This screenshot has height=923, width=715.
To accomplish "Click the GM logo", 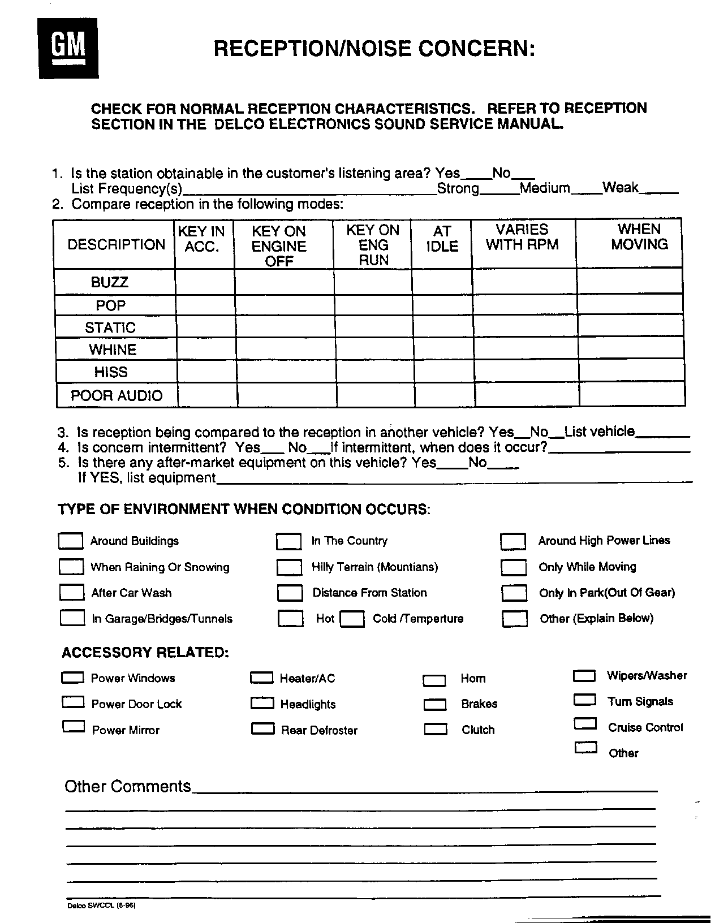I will point(68,48).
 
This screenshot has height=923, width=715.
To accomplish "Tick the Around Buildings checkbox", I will point(71,541).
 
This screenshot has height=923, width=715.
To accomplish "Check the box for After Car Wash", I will point(71,592).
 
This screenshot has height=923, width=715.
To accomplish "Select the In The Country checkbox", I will point(288,541).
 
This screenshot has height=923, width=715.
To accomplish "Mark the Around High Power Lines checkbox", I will point(513,541).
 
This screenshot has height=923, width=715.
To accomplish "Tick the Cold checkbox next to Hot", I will point(352,618).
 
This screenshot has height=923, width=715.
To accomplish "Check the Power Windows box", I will point(72,678).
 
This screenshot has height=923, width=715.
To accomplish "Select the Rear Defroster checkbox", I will point(262,729).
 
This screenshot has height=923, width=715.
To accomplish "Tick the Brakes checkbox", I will point(435,705).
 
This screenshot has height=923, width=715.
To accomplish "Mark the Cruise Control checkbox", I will point(585,724).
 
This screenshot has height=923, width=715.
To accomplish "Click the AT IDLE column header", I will point(442,239).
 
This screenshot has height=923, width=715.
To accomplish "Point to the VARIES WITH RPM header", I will point(522,237).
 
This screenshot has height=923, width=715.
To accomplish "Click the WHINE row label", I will point(113,350).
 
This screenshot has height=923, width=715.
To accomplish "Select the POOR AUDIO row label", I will point(117,395).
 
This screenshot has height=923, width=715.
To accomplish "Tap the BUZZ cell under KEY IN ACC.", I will point(205,282).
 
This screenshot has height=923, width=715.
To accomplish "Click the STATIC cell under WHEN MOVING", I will point(631,327).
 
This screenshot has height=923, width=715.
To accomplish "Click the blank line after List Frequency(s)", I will point(309,190).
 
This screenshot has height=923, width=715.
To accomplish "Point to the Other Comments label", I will point(128,786).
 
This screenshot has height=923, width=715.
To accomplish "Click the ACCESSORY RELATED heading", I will point(145,652).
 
